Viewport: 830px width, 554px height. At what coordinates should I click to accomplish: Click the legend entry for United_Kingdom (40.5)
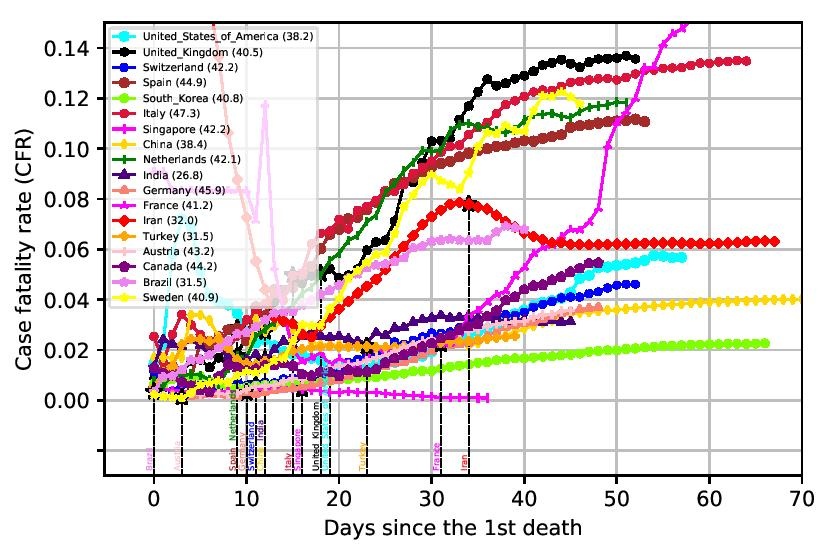point(176,52)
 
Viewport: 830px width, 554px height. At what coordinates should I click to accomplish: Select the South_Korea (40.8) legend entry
point(171,99)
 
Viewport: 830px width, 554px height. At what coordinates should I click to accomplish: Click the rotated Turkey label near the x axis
point(364,458)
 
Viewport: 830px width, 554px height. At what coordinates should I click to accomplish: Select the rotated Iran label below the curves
point(465,463)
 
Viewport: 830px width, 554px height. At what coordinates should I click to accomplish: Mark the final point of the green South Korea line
point(765,343)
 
